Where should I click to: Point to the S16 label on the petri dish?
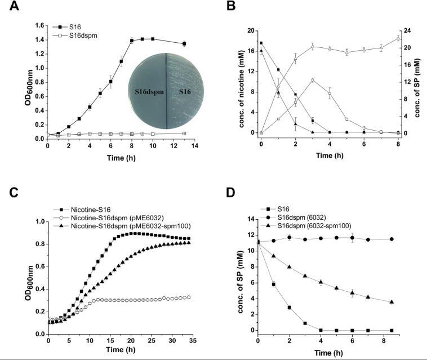[x=181, y=91]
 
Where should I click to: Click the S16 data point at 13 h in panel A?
[x=184, y=43]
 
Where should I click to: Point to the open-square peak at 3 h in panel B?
[x=313, y=80]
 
